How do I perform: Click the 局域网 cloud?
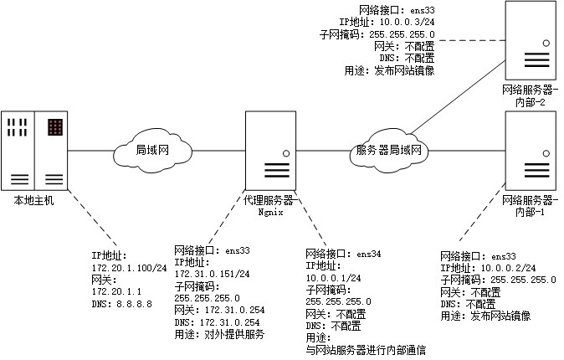pyautogui.click(x=153, y=151)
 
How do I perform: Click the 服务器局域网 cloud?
pyautogui.click(x=389, y=150)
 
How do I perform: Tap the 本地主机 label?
pyautogui.click(x=33, y=200)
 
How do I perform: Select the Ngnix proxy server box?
pyautogui.click(x=270, y=151)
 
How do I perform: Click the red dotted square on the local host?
pyautogui.click(x=55, y=127)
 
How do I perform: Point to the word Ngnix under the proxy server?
pyautogui.click(x=270, y=212)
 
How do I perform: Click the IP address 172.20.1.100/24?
pyautogui.click(x=130, y=268)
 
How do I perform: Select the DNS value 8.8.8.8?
pyautogui.click(x=134, y=304)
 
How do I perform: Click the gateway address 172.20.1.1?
pyautogui.click(x=116, y=291)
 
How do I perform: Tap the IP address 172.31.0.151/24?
pyautogui.click(x=213, y=274)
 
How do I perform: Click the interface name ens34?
pyautogui.click(x=369, y=254)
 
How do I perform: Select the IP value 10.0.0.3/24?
pyautogui.click(x=408, y=22)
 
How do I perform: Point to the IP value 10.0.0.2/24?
pyautogui.click(x=508, y=268)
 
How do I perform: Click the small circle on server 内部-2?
pyautogui.click(x=546, y=44)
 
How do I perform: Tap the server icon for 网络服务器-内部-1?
pyautogui.click(x=531, y=151)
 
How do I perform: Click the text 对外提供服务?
pyautogui.click(x=234, y=334)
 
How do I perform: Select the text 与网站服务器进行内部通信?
pyautogui.click(x=366, y=350)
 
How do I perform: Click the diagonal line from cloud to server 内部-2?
pyautogui.click(x=459, y=97)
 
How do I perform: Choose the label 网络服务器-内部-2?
pyautogui.click(x=531, y=95)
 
